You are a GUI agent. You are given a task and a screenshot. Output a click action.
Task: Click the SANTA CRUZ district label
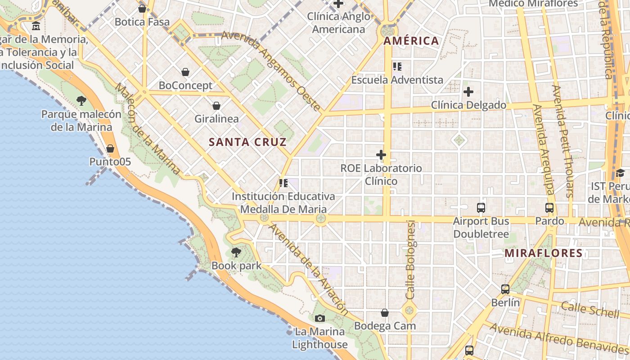(247, 142)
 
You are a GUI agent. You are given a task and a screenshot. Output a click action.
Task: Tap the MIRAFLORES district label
(544, 253)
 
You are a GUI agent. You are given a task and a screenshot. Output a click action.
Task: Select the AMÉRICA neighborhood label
(411, 41)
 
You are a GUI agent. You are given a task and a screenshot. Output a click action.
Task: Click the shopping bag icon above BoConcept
(185, 72)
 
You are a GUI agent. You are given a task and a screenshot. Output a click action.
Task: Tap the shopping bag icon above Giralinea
(216, 106)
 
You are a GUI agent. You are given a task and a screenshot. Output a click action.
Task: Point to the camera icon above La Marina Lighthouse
(320, 319)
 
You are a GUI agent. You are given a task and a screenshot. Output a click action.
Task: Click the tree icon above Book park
(236, 252)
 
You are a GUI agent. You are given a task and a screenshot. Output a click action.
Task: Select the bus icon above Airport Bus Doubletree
(481, 208)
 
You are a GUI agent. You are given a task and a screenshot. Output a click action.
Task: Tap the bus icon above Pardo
(549, 208)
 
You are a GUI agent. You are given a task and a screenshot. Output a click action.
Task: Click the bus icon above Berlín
(505, 289)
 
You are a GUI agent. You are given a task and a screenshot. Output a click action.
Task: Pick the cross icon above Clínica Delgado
(468, 92)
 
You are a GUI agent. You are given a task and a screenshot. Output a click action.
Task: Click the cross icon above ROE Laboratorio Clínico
(381, 155)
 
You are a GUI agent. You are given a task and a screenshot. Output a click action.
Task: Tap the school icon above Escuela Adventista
(397, 67)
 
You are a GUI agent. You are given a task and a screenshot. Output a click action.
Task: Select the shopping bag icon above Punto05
(110, 148)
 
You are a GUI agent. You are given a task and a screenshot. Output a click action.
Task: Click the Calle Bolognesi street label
(410, 260)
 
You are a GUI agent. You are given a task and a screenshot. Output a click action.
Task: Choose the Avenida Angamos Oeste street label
(271, 71)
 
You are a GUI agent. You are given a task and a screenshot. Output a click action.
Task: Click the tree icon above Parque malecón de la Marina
(81, 101)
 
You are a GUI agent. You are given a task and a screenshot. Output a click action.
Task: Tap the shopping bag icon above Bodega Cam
(385, 312)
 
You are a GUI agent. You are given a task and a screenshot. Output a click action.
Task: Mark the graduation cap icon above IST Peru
(620, 173)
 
